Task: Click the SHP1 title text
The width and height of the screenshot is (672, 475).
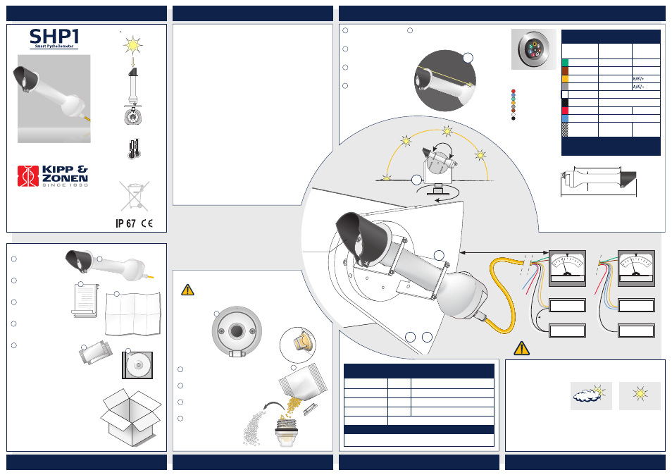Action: [54, 37]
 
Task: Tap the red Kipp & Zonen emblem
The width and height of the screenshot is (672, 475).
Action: [28, 176]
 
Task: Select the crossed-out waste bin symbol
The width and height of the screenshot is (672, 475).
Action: [135, 196]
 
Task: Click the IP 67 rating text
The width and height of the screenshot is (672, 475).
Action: [125, 223]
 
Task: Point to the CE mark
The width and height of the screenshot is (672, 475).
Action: [147, 223]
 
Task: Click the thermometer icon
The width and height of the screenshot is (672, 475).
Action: [133, 149]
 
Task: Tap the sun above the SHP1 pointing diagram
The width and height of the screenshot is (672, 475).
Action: [133, 44]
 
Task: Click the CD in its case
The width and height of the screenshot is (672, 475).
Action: [137, 365]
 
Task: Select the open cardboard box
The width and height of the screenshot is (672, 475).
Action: [131, 417]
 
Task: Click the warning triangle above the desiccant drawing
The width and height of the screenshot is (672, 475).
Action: [187, 290]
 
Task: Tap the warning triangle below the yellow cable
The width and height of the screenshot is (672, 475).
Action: [521, 349]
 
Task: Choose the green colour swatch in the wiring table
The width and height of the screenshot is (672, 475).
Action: [565, 63]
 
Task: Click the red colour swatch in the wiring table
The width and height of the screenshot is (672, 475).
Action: [565, 111]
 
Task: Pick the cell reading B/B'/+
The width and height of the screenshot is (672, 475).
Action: [638, 79]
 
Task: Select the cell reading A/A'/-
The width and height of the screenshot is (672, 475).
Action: [638, 87]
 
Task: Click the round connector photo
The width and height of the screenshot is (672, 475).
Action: [533, 49]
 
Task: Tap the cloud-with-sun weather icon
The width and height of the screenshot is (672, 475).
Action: [591, 395]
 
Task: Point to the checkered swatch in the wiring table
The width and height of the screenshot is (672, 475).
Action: [565, 130]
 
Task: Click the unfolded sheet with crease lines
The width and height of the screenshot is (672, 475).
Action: [133, 314]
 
